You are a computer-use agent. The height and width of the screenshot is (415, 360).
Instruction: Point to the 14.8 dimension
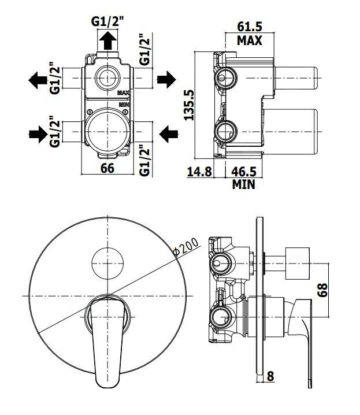tap(200, 172)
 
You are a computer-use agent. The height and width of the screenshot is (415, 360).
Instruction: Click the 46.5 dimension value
tap(244, 172)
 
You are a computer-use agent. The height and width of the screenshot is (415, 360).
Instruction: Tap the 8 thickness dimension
tap(270, 376)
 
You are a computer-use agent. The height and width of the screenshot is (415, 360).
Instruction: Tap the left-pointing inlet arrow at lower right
tap(168, 134)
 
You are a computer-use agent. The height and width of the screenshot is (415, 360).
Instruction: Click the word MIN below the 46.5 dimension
tap(244, 185)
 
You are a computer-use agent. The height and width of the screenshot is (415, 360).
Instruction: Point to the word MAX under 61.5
tap(250, 40)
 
